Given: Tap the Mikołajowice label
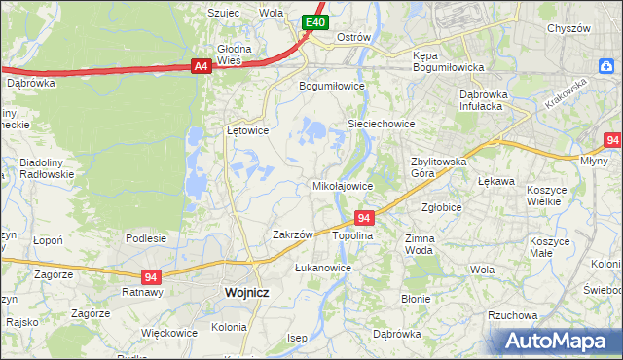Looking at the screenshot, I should pyautogui.click(x=342, y=185).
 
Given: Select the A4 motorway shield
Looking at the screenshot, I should pyautogui.click(x=201, y=66).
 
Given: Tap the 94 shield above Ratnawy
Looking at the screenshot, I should pyautogui.click(x=150, y=276).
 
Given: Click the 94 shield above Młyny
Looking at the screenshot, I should pyautogui.click(x=611, y=140).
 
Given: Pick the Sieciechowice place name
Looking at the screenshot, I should pyautogui.click(x=382, y=125).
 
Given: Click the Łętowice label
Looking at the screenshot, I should pyautogui.click(x=247, y=129).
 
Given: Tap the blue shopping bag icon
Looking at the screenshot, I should pyautogui.click(x=606, y=64).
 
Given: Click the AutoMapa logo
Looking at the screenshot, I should pyautogui.click(x=556, y=341).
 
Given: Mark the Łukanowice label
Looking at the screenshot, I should pyautogui.click(x=322, y=267).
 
